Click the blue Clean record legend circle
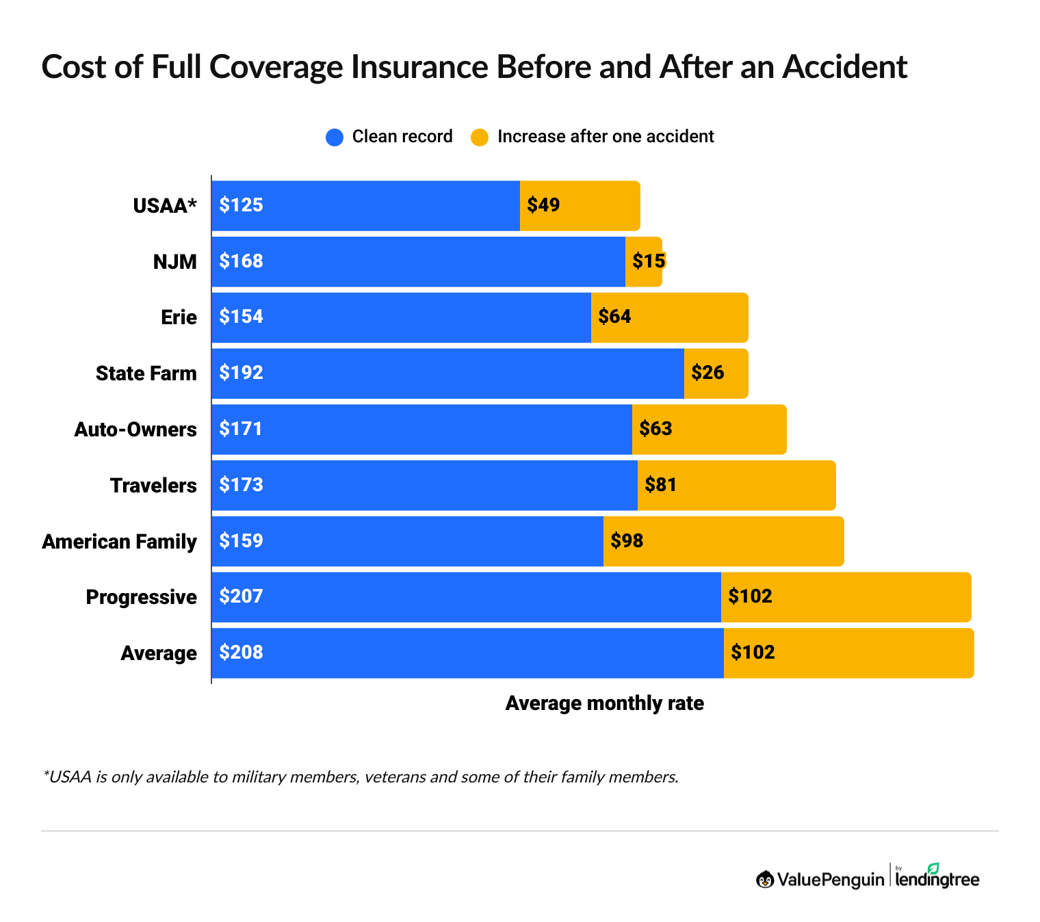335,137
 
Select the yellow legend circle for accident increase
480,137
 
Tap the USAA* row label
165,206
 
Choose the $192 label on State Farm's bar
241,373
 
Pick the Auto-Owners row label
135,430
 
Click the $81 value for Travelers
660,485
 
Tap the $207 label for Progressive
241,596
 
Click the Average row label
159,653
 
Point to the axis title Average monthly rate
604,703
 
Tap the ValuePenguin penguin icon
764,880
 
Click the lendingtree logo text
937,879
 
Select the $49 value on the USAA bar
543,205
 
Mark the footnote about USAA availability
361,777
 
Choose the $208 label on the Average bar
241,653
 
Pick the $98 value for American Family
627,541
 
